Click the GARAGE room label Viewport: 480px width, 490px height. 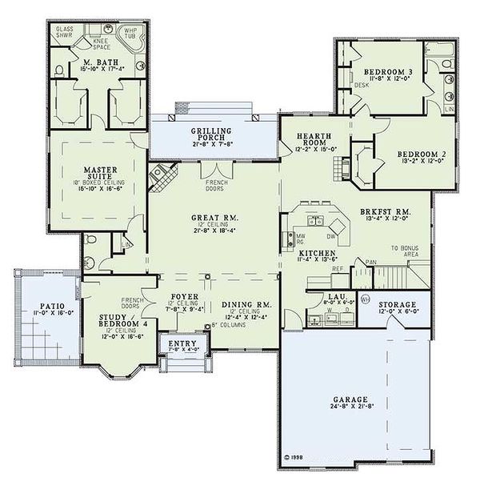[x=351, y=398]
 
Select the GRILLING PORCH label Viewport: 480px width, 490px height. [x=211, y=135]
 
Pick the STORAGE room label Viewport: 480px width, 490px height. [x=398, y=305]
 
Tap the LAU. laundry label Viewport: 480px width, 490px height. [x=336, y=296]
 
